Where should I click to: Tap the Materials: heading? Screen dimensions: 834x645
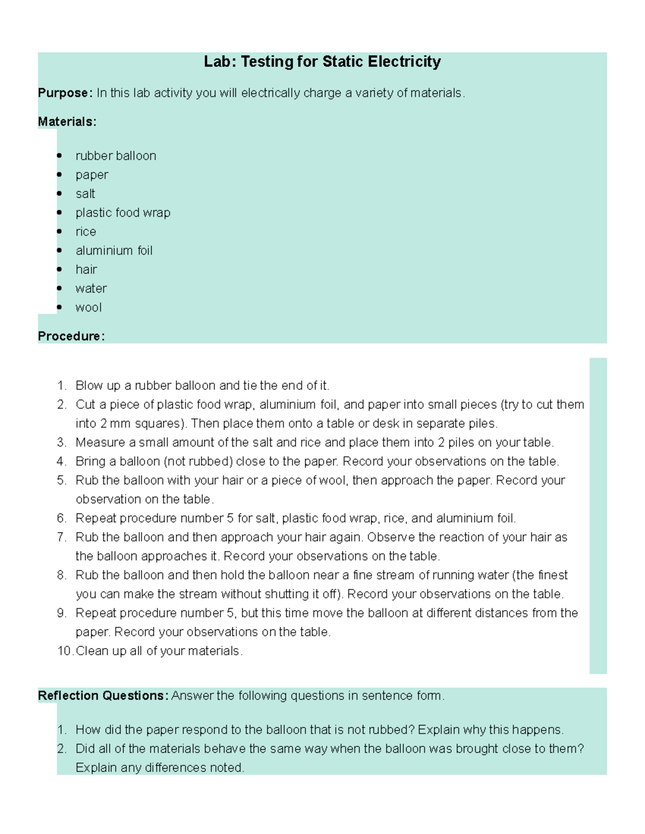pos(67,122)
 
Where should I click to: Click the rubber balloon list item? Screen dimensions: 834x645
pos(116,156)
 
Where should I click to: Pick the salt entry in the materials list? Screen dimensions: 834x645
pos(85,194)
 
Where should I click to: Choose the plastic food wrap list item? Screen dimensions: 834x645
pos(123,213)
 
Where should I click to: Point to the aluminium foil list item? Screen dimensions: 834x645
pos(114,251)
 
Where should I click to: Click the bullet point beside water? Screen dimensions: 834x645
pos(60,288)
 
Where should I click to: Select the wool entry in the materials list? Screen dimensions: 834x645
pos(88,308)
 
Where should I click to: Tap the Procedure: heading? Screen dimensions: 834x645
pos(71,336)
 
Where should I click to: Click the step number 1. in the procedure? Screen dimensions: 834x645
pos(62,386)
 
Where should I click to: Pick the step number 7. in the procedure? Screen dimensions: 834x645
pos(62,537)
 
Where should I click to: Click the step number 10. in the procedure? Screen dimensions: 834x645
pos(65,651)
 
